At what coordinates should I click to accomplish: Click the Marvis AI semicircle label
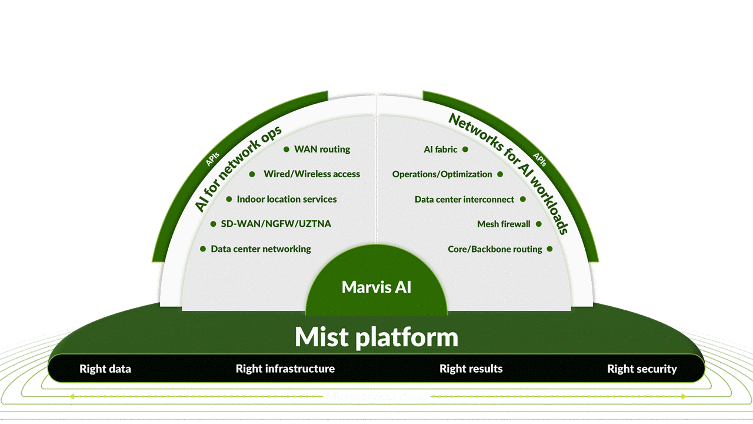point(376,287)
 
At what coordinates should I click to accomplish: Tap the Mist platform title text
point(376,337)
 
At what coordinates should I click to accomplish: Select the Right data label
point(105,369)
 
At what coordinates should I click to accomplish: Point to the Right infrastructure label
point(285,369)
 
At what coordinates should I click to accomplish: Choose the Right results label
point(471,369)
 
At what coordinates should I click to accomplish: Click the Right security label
point(642,369)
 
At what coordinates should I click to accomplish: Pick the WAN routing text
point(322,150)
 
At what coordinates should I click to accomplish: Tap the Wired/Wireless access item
point(312,174)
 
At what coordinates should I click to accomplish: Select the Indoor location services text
point(286,200)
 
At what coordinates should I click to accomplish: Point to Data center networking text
point(261,249)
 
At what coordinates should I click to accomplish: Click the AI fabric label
point(441,150)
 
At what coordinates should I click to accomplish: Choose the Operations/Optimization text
point(442,174)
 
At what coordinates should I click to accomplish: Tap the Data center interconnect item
point(464,200)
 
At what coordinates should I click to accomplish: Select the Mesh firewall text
point(504,224)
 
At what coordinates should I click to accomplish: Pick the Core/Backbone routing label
point(495,249)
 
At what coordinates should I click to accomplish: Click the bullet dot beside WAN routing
point(286,150)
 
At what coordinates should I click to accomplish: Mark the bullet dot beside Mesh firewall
point(538,224)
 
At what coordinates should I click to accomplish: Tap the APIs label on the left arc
point(214,160)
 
